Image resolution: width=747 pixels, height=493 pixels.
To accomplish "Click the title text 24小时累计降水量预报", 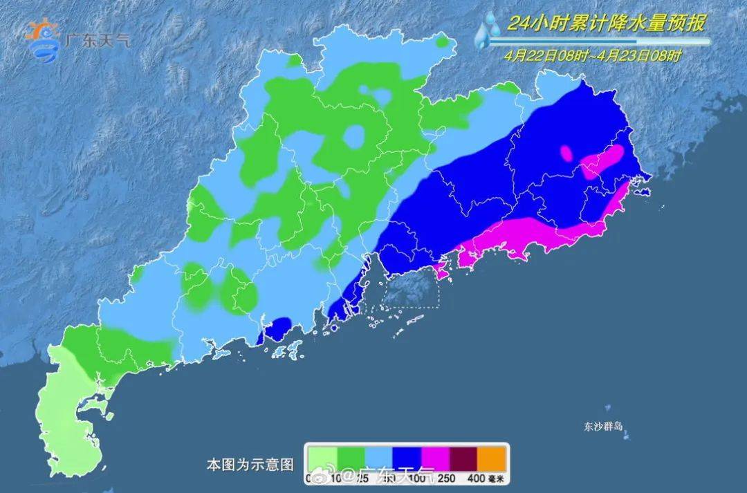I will [x=606, y=24].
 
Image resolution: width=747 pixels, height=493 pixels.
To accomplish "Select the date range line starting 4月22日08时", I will [x=593, y=56].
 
